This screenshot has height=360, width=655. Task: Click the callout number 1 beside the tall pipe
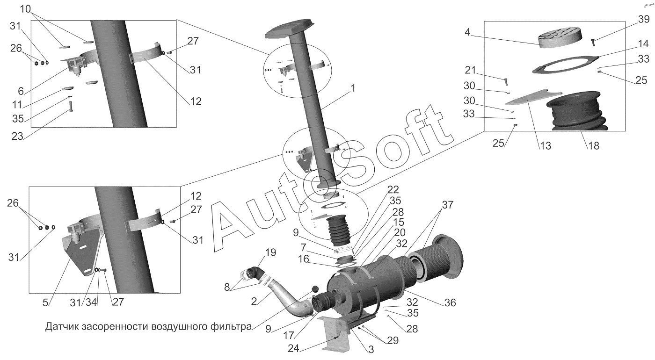(x=353, y=88)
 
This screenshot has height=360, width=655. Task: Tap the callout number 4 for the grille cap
(x=467, y=32)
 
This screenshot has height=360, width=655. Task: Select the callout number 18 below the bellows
(x=593, y=145)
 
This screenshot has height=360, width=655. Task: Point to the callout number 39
(x=644, y=19)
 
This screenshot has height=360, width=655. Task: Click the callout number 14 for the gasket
(x=643, y=44)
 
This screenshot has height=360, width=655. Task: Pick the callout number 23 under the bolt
(x=17, y=136)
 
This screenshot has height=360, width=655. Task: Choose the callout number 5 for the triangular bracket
(x=45, y=303)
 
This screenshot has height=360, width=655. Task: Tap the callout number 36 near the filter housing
(x=450, y=303)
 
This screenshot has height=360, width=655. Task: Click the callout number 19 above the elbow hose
(x=270, y=252)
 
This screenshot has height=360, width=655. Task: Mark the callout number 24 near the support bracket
(x=294, y=348)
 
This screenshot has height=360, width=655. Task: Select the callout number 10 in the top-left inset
(x=25, y=9)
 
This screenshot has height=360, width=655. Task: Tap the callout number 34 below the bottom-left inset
(x=91, y=302)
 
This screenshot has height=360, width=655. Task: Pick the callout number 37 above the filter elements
(x=447, y=205)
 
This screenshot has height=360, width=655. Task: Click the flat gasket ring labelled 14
(x=565, y=65)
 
